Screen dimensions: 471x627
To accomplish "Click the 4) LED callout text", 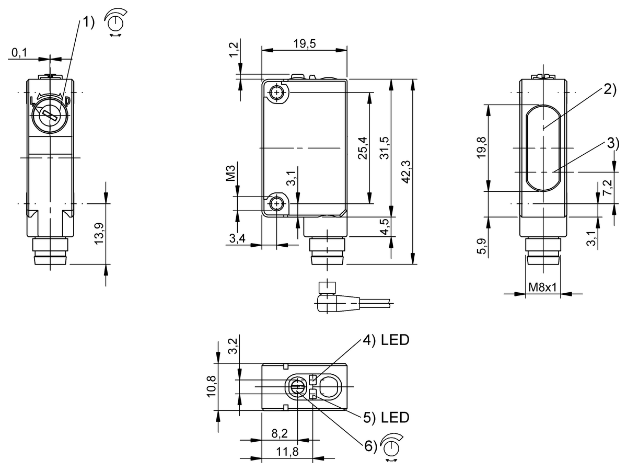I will tap(386, 341).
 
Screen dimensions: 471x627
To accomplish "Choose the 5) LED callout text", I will tap(386, 417).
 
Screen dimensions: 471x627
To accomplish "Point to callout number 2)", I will tap(610, 89).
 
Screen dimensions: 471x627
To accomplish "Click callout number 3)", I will tap(612, 143).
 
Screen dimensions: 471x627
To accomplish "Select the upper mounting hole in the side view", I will tap(276, 93).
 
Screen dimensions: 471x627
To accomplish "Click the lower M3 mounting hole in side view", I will tap(276, 203).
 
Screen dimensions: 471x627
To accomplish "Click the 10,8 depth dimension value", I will tap(212, 386).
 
